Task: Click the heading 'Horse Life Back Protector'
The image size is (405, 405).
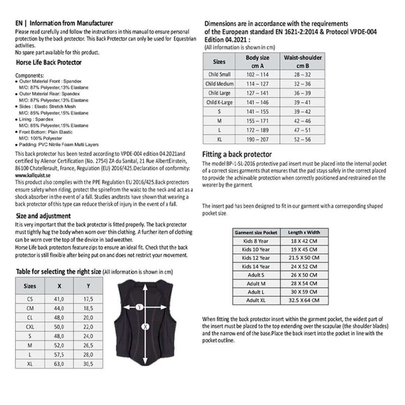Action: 49,63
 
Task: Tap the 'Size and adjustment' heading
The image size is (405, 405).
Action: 43,216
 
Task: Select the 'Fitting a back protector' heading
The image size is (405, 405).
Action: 237,154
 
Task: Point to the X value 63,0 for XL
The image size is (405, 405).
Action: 59,364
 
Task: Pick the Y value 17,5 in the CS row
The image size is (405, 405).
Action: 88,299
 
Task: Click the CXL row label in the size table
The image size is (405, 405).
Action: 30,327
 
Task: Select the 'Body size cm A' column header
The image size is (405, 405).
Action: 257,61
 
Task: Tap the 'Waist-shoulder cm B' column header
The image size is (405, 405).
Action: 302,61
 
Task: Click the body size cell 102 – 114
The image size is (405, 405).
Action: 257,74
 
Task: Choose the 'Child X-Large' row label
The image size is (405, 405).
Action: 219,102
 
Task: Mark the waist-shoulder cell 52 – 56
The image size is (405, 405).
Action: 302,140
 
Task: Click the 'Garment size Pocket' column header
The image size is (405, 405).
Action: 256,233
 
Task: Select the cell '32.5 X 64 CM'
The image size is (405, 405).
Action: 304,300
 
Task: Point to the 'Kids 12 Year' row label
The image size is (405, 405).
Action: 256,258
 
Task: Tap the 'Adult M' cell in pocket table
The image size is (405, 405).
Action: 256,283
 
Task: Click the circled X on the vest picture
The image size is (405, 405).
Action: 146,327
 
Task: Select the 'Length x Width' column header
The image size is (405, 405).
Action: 304,233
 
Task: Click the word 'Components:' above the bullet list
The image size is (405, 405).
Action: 29,75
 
